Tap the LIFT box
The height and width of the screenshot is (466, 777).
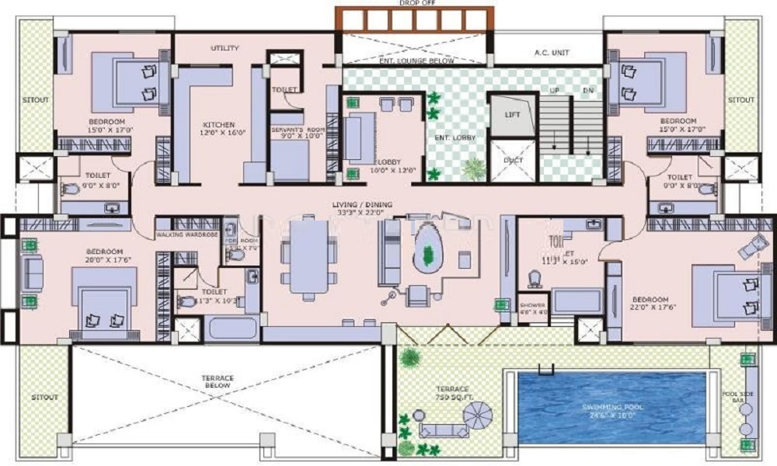click(x=512, y=115)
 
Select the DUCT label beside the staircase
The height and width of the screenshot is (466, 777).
click(x=512, y=161)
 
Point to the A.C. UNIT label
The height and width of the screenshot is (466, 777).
click(x=551, y=53)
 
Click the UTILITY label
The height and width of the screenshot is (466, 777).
click(x=224, y=48)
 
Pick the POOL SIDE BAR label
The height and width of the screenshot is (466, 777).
click(x=744, y=398)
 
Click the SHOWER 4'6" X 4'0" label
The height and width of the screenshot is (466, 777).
click(x=532, y=308)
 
